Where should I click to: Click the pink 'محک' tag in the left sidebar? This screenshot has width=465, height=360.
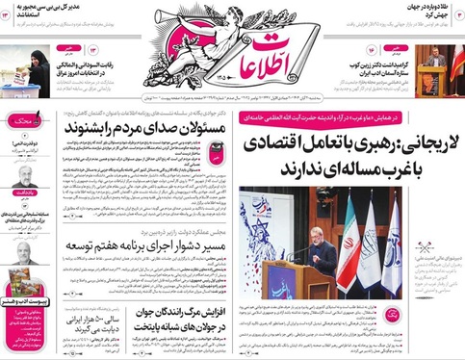(19, 122)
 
